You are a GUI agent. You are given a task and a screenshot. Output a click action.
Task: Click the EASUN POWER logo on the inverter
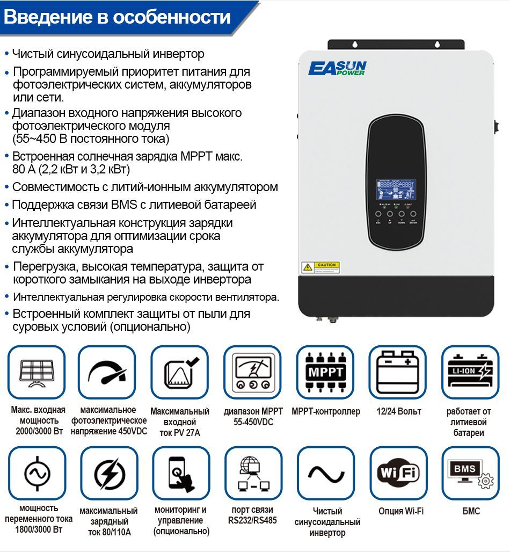[337, 68]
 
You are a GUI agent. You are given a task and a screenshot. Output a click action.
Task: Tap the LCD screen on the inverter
[395, 190]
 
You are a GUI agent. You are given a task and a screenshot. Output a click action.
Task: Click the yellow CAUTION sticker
[320, 267]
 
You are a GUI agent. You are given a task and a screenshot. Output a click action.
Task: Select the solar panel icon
[37, 372]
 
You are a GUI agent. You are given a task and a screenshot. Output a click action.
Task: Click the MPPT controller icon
[325, 372]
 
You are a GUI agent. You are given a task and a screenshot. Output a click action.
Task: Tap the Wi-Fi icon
[398, 473]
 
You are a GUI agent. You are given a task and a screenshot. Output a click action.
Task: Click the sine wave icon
[325, 473]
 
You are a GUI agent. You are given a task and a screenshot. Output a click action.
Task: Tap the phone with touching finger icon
[181, 473]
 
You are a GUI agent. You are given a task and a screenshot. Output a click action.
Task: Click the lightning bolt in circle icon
[109, 473]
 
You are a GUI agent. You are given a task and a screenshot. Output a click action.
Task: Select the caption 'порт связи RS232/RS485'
[253, 515]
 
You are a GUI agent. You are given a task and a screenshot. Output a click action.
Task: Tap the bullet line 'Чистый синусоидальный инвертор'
[108, 54]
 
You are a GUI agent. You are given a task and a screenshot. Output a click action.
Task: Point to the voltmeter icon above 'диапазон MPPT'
[253, 372]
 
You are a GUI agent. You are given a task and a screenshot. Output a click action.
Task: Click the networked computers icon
[253, 473]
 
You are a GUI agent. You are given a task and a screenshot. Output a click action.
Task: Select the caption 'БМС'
[471, 511]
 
